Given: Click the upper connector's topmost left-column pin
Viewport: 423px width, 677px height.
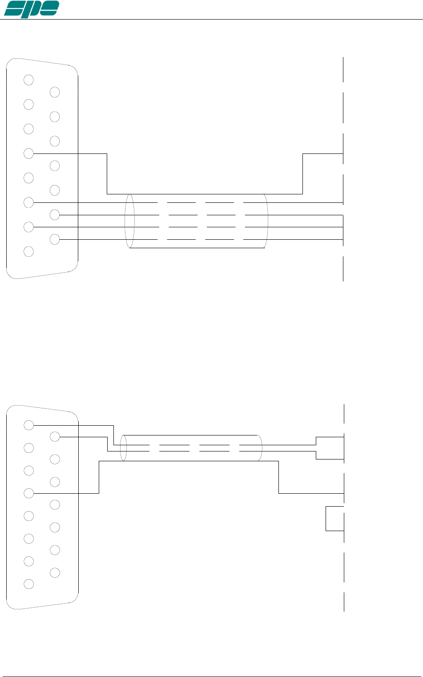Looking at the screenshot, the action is coord(29,80).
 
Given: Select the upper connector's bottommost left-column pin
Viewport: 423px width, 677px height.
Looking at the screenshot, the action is coord(29,251).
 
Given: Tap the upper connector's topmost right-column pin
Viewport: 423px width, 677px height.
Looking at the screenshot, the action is coord(55,93).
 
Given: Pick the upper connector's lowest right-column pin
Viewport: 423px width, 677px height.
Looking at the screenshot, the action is coord(55,239).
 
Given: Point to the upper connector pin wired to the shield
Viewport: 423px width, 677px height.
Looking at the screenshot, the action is coord(29,153).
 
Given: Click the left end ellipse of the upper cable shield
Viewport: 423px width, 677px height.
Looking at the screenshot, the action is coord(129,221).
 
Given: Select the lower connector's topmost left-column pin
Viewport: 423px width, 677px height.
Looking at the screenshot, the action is coord(29,425).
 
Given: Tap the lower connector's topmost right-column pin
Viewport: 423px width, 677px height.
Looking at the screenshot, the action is coord(55,437).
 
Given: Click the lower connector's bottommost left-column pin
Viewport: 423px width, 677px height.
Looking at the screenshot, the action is coord(29,584).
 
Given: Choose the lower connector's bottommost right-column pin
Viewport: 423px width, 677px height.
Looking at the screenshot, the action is coord(55,572).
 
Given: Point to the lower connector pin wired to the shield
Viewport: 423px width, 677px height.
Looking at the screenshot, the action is coord(29,493).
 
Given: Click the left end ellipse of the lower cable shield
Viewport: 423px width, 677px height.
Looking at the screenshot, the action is coord(124,448).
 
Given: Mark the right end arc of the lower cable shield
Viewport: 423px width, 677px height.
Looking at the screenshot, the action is coord(261,448).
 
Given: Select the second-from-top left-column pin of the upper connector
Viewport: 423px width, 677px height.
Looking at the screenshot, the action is coord(29,105).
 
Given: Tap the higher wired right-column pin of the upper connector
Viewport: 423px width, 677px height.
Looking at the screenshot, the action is coord(55,215).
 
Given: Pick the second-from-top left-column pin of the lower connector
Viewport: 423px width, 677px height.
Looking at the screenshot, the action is coord(29,447).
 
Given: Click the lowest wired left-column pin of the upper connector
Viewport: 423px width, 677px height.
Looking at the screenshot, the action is coord(29,227).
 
